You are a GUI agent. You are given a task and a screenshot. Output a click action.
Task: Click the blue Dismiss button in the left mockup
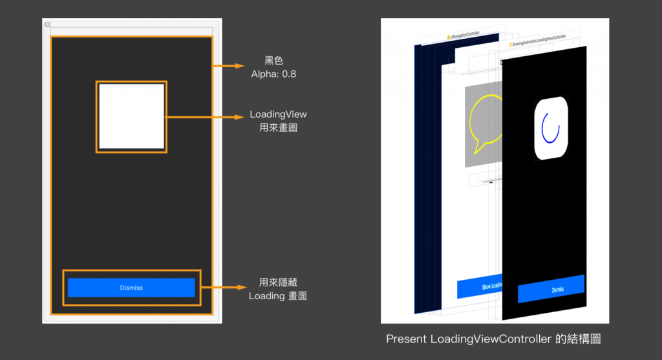pyautogui.click(x=131, y=288)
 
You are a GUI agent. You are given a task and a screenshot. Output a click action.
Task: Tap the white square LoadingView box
pyautogui.click(x=131, y=116)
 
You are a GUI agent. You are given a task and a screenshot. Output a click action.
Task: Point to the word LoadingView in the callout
pyautogui.click(x=278, y=114)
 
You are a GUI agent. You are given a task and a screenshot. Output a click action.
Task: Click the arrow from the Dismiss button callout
pyautogui.click(x=223, y=288)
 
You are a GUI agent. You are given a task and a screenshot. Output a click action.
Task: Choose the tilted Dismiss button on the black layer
pyautogui.click(x=551, y=289)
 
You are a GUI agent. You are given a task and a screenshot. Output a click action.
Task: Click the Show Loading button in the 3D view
pyautogui.click(x=478, y=287)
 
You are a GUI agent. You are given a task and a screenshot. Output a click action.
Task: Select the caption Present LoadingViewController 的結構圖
pyautogui.click(x=493, y=339)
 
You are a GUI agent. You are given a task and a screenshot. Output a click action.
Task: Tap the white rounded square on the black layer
pyautogui.click(x=550, y=127)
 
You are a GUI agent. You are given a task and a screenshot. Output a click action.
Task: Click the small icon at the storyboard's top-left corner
pyautogui.click(x=47, y=24)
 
